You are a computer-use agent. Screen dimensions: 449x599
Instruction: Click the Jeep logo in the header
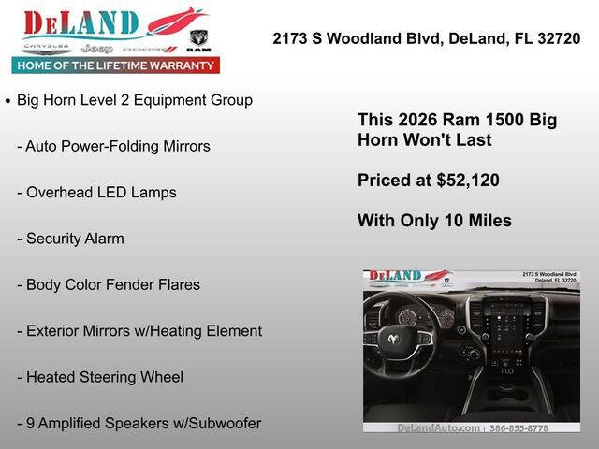[x=95, y=48]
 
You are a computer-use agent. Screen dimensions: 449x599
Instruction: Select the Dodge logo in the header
[x=150, y=48]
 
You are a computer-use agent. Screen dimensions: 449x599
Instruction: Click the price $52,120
[x=468, y=181]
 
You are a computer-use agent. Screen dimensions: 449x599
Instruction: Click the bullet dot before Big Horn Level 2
[x=8, y=100]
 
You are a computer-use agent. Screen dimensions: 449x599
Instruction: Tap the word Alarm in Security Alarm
[x=103, y=239]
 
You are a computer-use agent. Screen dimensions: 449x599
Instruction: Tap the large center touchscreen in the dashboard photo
[x=506, y=333]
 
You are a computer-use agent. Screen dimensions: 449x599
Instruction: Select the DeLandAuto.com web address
[x=438, y=428]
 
